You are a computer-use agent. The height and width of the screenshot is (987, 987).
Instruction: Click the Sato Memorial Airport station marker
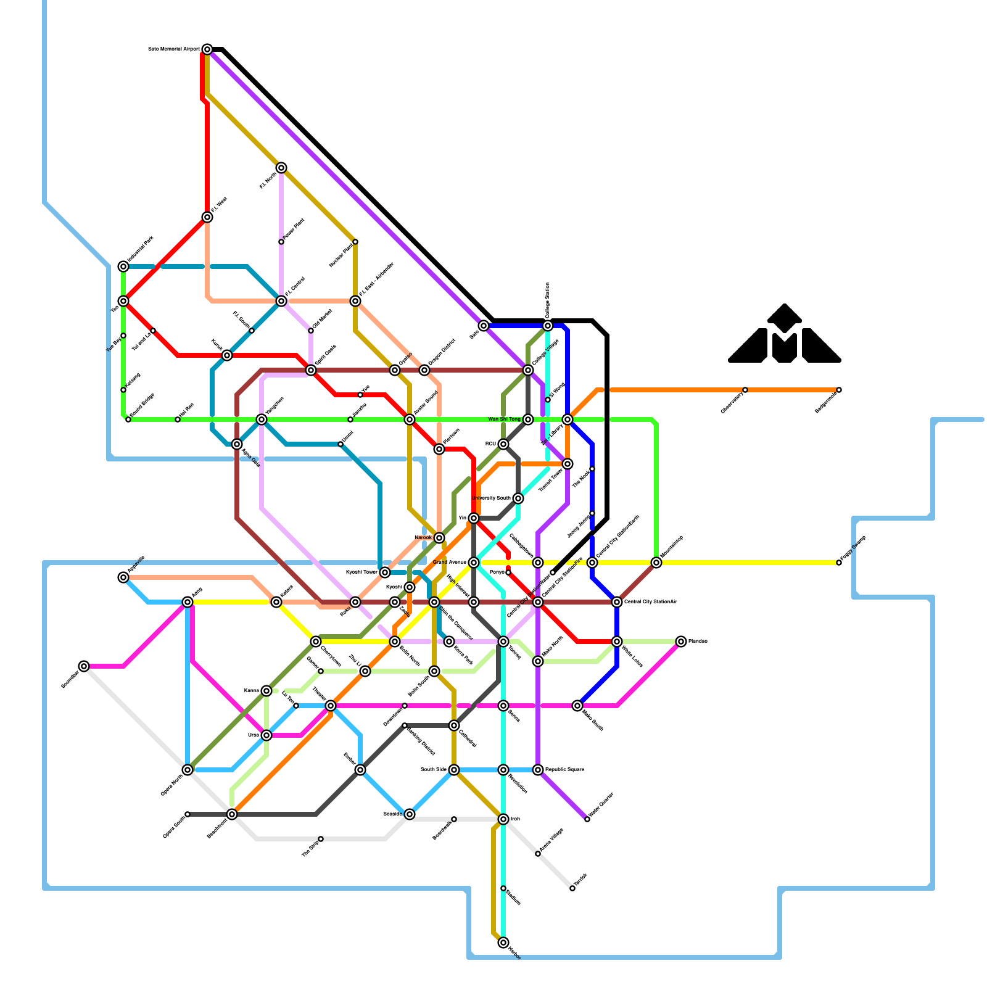pyautogui.click(x=207, y=49)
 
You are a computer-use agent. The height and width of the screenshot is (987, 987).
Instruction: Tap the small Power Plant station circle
pyautogui.click(x=281, y=242)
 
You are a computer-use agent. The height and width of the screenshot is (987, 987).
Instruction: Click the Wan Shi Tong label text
pyautogui.click(x=504, y=419)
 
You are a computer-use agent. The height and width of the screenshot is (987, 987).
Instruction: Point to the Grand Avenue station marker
pyautogui.click(x=474, y=563)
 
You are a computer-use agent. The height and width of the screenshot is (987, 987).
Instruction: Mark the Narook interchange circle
pyautogui.click(x=439, y=538)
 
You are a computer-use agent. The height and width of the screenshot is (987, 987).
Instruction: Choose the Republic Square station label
pyautogui.click(x=564, y=770)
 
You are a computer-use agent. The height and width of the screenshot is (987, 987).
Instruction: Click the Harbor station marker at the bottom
pyautogui.click(x=503, y=943)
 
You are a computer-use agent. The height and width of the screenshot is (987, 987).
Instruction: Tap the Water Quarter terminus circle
pyautogui.click(x=587, y=819)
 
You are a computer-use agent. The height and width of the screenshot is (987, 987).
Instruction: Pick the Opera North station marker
pyautogui.click(x=188, y=770)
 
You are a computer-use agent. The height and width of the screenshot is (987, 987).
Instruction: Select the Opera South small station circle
pyautogui.click(x=188, y=814)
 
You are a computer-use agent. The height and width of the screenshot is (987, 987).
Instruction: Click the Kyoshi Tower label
pyautogui.click(x=361, y=572)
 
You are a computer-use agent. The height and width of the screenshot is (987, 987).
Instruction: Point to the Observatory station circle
pyautogui.click(x=745, y=390)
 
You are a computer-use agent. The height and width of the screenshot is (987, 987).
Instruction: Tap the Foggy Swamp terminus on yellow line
pyautogui.click(x=839, y=563)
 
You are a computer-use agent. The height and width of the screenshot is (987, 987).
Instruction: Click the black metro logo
pyautogui.click(x=784, y=336)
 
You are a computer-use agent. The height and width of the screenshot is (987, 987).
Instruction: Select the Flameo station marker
pyautogui.click(x=681, y=642)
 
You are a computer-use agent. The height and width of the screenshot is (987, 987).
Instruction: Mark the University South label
pyautogui.click(x=491, y=498)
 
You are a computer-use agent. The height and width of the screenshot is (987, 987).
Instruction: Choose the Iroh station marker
pyautogui.click(x=503, y=819)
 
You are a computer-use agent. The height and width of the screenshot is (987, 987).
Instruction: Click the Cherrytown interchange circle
pyautogui.click(x=316, y=642)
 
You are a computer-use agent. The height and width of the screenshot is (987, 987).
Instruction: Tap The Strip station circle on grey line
pyautogui.click(x=321, y=839)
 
